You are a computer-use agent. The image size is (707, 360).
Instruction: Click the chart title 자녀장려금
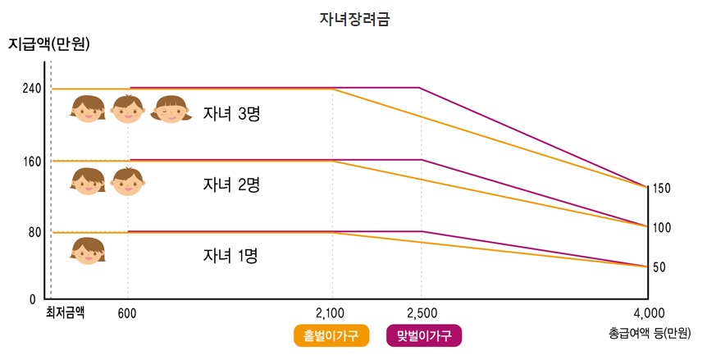coord(354,18)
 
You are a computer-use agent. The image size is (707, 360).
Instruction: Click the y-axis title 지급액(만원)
coord(49,44)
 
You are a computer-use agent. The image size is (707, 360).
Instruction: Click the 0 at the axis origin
coord(34,299)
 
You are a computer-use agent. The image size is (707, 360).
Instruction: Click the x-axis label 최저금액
coord(65,312)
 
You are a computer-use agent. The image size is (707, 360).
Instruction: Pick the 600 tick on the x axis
coord(127,313)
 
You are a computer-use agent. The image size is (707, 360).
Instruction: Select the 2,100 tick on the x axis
coord(332,313)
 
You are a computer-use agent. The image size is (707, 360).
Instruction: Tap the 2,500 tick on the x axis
coord(421,313)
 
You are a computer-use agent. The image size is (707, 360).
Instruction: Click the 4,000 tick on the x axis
coord(648,313)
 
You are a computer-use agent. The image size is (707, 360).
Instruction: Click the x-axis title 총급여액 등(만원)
coord(650,334)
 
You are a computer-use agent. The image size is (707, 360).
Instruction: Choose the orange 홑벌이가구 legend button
coord(331,336)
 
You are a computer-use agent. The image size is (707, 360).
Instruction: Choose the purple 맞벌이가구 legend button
coord(424,336)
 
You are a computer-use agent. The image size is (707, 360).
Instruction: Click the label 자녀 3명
coord(231,113)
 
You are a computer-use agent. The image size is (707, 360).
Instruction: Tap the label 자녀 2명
coord(231,185)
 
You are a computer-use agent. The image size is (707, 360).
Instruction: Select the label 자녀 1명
coord(231,256)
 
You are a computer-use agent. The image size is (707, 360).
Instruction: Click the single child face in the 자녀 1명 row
coord(88,250)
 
